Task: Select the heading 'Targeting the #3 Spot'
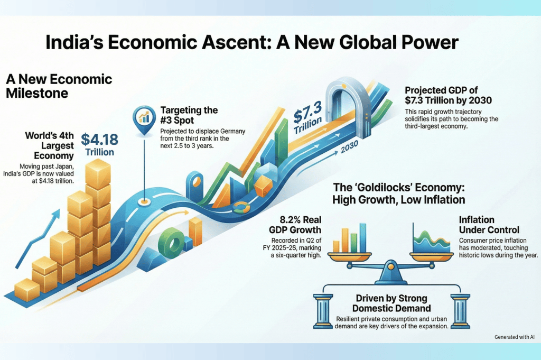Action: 189,115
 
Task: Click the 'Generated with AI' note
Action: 514,337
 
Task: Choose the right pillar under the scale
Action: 459,311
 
